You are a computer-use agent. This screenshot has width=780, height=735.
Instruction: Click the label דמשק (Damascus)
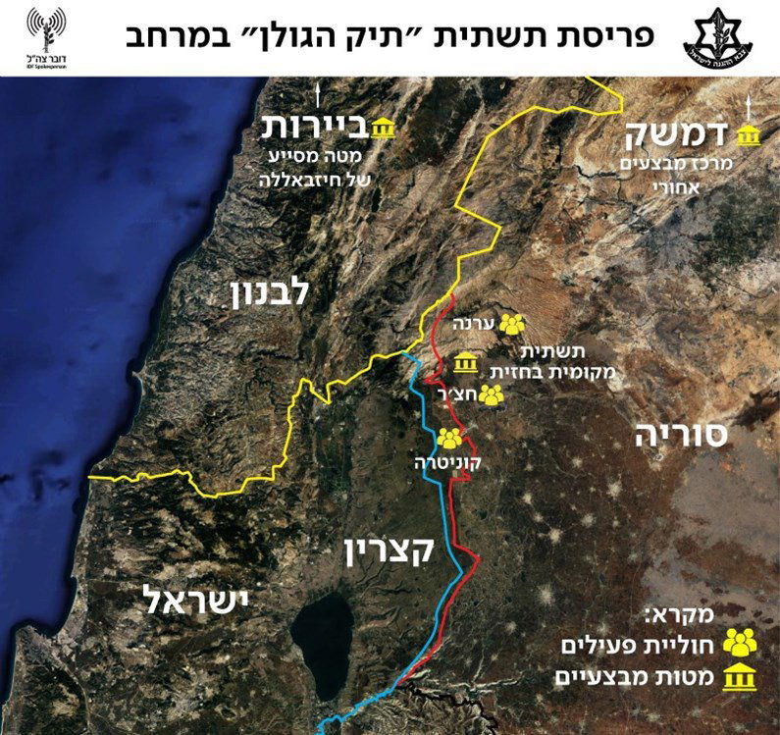click(693, 135)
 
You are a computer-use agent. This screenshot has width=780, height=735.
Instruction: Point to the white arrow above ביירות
click(320, 97)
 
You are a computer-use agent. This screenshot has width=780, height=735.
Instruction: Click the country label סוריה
click(681, 435)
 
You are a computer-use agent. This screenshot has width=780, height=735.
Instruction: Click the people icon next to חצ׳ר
click(493, 394)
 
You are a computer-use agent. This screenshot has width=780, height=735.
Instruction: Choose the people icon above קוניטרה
click(449, 439)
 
